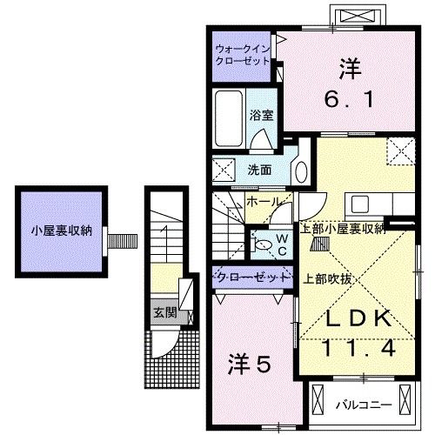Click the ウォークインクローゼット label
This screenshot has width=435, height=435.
(242, 56)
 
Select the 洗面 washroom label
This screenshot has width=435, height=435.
(260, 170)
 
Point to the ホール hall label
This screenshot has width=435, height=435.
(264, 202)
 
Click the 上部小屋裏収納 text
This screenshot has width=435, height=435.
(343, 230)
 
